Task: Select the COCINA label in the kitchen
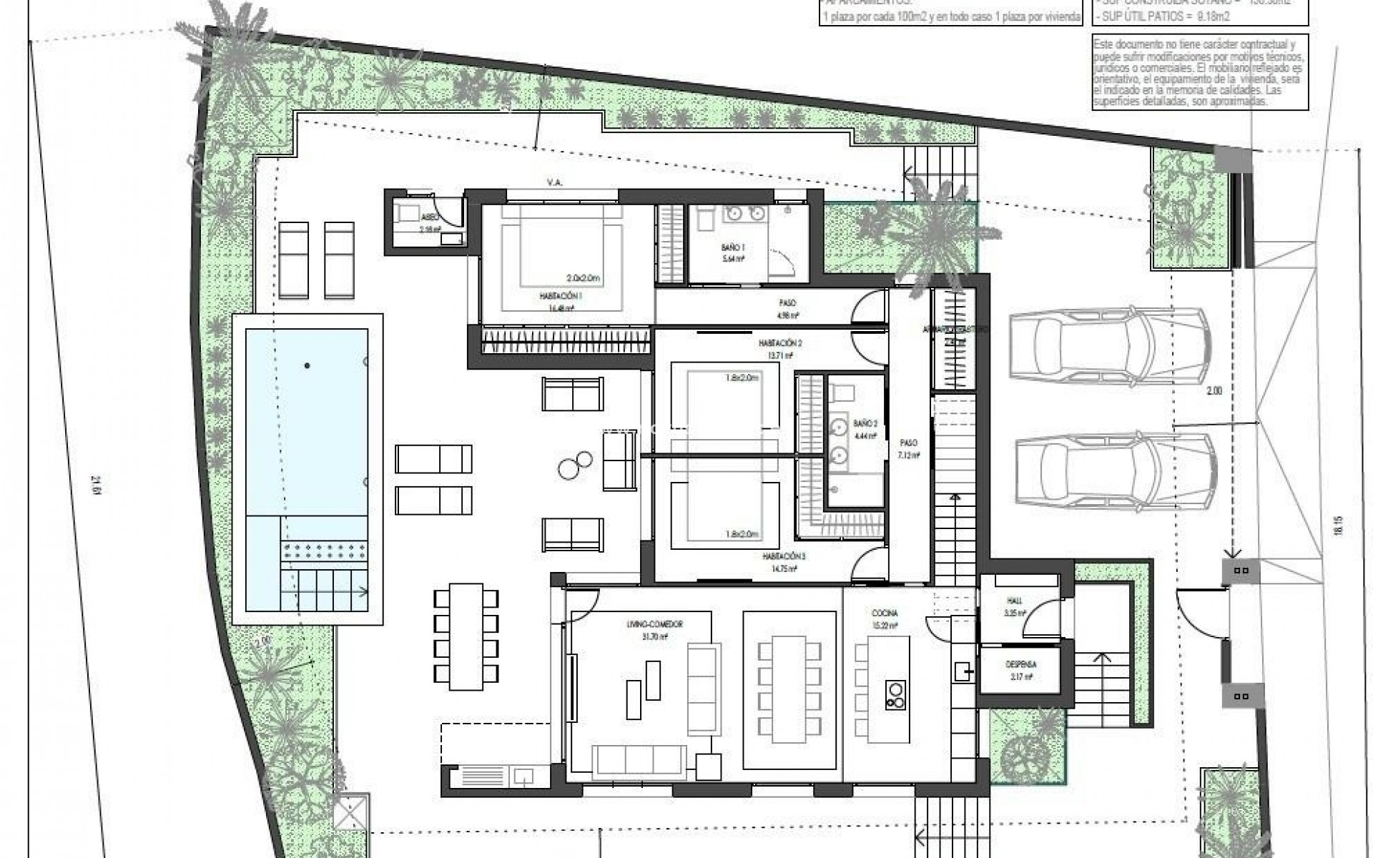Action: click(885, 613)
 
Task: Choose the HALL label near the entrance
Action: click(1015, 602)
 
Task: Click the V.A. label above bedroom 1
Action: click(555, 183)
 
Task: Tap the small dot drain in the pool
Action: click(307, 365)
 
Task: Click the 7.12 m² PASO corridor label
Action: click(908, 448)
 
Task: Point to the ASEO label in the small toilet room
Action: click(430, 217)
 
